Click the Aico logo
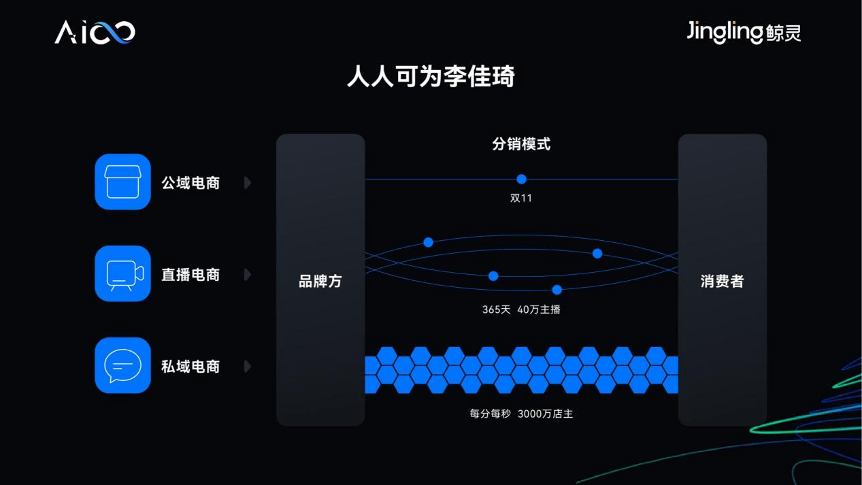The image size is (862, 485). click(x=95, y=32)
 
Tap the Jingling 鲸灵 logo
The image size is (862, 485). click(x=744, y=32)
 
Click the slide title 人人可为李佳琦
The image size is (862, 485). click(x=431, y=76)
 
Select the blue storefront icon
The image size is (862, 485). click(x=122, y=182)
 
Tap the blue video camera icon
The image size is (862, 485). click(x=122, y=273)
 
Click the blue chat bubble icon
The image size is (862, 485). click(x=122, y=365)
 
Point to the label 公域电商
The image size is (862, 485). click(x=190, y=183)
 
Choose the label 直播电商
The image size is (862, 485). click(x=190, y=275)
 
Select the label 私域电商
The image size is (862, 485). click(x=190, y=367)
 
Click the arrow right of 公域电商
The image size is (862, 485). click(x=248, y=183)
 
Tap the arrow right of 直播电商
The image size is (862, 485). click(x=248, y=275)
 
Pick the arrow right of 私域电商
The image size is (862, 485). click(x=248, y=367)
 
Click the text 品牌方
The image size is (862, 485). click(x=320, y=281)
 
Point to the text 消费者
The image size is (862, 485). click(x=723, y=281)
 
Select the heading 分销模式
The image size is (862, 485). click(x=521, y=144)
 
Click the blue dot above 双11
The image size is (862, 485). click(x=521, y=179)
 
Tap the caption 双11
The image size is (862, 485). click(x=521, y=198)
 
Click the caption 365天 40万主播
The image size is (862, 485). click(x=521, y=310)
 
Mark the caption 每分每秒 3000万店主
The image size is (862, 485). click(x=521, y=414)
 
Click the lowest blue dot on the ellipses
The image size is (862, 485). click(x=557, y=290)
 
